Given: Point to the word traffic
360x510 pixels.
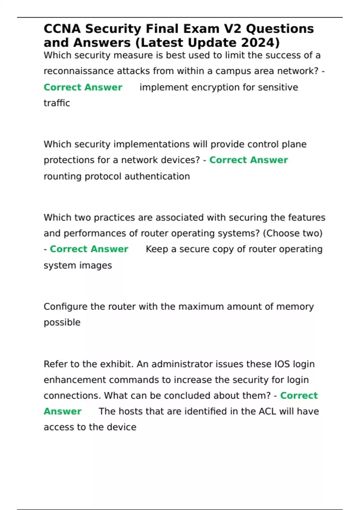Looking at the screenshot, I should pyautogui.click(x=57, y=103).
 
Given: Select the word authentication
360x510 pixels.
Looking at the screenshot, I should pyautogui.click(x=157, y=176).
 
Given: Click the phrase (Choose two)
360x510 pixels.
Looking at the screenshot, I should pyautogui.click(x=292, y=233).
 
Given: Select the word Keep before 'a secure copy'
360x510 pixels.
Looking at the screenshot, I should pyautogui.click(x=157, y=249).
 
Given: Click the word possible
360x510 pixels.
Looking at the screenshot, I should pyautogui.click(x=62, y=322).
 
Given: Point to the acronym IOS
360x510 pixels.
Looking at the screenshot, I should pyautogui.click(x=282, y=364).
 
